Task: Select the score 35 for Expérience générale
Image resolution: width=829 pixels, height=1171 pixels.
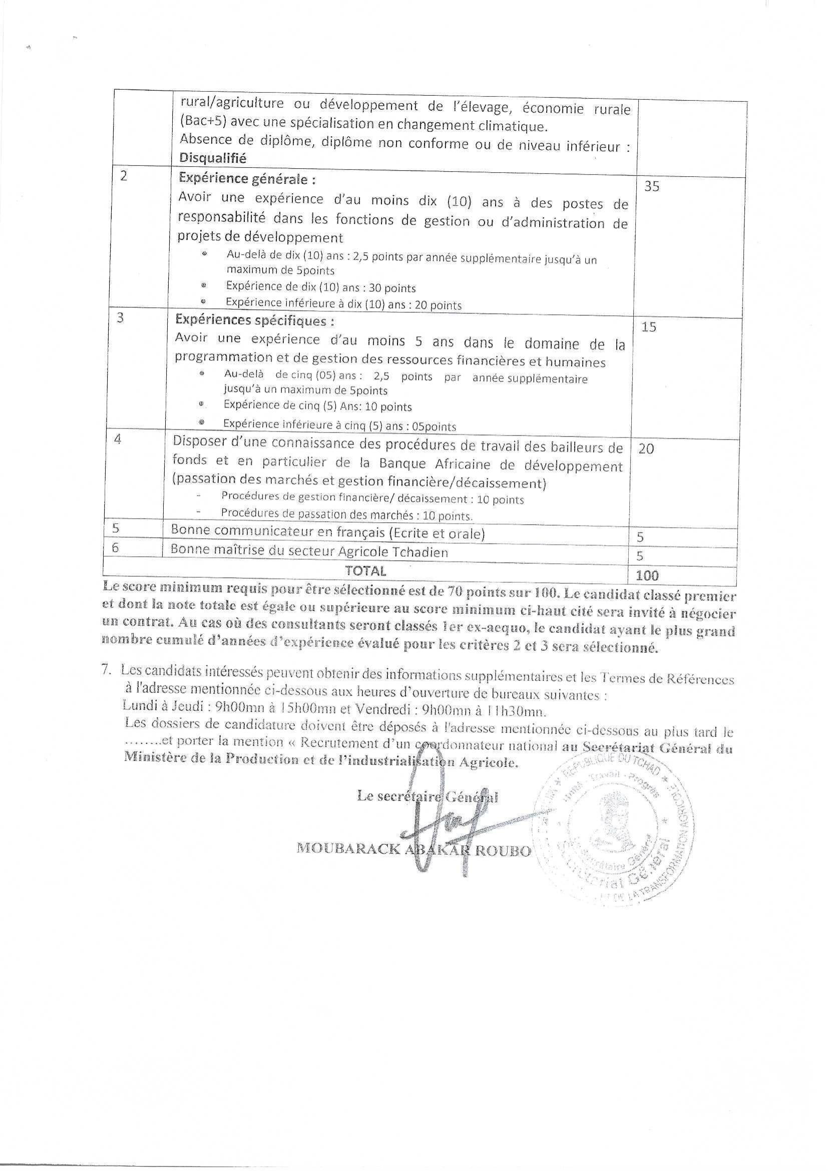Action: coord(651,186)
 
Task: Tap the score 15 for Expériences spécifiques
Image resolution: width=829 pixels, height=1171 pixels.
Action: coord(648,327)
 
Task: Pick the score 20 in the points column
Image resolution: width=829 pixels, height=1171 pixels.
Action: coord(646,449)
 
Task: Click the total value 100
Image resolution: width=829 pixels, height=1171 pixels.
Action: coord(647,575)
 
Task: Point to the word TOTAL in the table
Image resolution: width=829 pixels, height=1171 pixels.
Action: coord(365,570)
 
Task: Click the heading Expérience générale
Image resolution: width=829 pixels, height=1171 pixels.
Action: coord(247,180)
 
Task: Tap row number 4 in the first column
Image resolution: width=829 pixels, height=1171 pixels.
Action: coord(118,439)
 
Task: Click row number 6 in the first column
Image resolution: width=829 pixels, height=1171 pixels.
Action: coord(115,547)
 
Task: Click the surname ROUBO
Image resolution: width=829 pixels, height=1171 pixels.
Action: coord(503,851)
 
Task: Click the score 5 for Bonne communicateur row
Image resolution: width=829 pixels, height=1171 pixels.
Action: coord(640,537)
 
